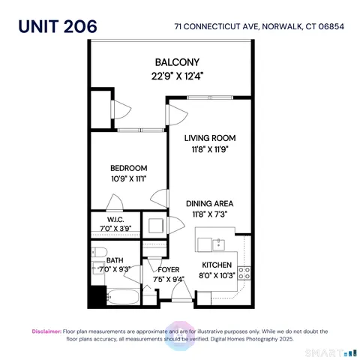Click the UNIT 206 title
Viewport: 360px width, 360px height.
[x=58, y=25]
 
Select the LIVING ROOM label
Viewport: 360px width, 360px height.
[x=211, y=138]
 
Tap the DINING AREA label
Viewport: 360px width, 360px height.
[x=211, y=203]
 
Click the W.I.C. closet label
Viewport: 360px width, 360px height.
[x=110, y=219]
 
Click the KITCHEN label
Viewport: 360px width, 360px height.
[x=219, y=265]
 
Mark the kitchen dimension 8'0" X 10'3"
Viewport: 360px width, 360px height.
[x=219, y=276]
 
